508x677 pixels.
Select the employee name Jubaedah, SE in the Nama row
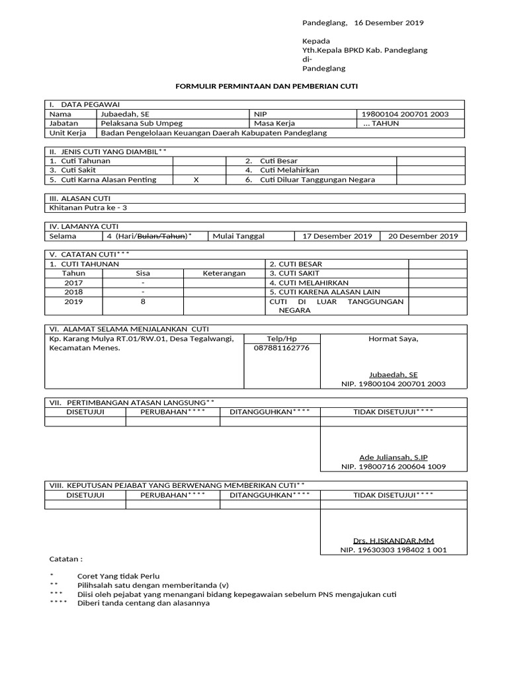point(124,114)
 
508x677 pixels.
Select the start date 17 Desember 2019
point(337,236)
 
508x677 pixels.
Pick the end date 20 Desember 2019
point(423,236)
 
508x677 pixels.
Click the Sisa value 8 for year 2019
point(144,301)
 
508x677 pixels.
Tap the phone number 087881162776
point(281,348)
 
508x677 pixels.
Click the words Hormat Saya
point(393,338)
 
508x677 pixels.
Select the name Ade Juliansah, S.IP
point(393,457)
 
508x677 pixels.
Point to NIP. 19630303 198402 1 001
point(393,549)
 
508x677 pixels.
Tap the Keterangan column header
point(224,273)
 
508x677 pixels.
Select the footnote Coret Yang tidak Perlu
point(118,576)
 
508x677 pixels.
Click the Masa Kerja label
point(274,123)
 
